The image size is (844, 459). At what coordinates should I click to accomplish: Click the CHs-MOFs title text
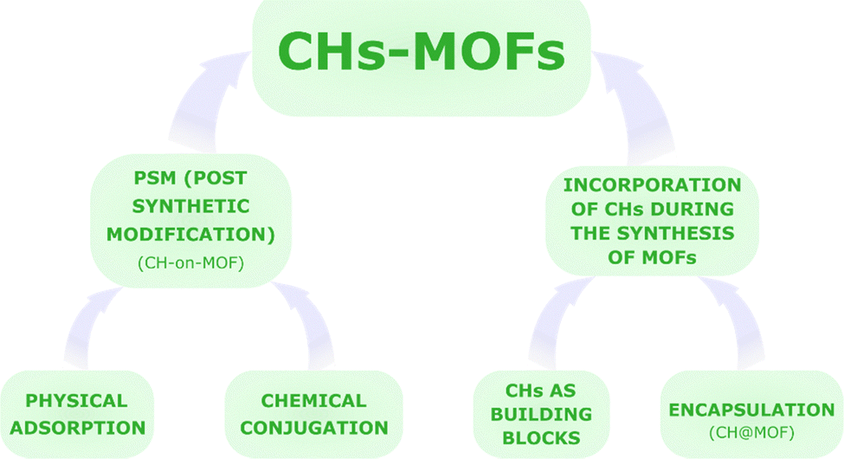(x=422, y=52)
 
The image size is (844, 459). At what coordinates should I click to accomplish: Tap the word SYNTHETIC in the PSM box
(x=190, y=206)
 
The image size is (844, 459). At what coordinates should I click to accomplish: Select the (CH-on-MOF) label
(x=191, y=263)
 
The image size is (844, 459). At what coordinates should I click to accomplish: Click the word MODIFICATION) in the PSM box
(x=190, y=235)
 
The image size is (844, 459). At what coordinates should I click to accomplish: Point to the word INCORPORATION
(x=653, y=185)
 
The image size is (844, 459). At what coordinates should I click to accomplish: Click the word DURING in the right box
(x=691, y=209)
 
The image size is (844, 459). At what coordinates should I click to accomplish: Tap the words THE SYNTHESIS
(x=653, y=233)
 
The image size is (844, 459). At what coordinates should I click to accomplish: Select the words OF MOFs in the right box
(x=653, y=257)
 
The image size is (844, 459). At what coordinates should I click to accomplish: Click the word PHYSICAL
(x=76, y=401)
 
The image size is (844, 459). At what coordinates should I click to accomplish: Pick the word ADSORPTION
(x=78, y=428)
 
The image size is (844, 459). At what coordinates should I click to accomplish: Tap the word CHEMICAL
(x=314, y=401)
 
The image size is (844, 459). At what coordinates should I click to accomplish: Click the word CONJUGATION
(x=314, y=428)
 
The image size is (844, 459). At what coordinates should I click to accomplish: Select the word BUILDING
(x=542, y=414)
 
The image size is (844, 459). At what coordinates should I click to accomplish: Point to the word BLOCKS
(x=542, y=438)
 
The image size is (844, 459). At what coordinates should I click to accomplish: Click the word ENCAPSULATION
(x=751, y=410)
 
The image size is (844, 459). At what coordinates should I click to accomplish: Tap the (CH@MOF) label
(x=751, y=433)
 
